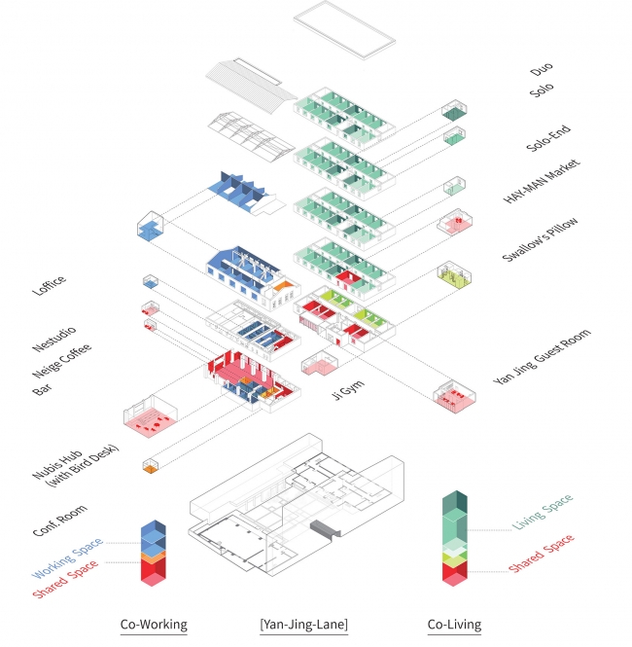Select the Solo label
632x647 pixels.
(542, 90)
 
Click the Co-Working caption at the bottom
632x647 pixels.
(153, 625)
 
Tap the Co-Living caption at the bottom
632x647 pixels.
(455, 625)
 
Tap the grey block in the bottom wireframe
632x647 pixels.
(325, 527)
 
